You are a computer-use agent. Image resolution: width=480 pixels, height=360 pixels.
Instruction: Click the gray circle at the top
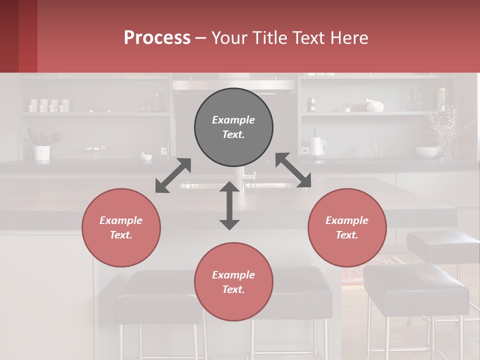pos(233,127)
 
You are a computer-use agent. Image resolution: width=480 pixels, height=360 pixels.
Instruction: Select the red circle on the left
pos(121,227)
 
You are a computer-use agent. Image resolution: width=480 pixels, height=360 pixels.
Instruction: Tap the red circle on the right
pos(347,227)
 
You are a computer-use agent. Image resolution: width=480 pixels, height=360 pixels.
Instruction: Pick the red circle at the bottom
pos(233,281)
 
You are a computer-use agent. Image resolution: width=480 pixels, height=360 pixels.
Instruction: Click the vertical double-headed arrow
pos(229,205)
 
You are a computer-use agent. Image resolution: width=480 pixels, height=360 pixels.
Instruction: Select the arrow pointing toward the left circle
pos(173,175)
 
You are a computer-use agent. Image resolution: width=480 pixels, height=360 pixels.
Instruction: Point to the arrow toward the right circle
pos(293,170)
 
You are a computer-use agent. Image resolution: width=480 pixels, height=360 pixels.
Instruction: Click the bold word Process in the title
pos(157,37)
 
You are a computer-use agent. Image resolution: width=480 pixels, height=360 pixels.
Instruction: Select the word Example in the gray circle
pos(233,120)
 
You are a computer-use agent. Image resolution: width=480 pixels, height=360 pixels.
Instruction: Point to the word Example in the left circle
pos(121,220)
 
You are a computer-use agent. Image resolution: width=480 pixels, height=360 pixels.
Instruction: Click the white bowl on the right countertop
pos(427,152)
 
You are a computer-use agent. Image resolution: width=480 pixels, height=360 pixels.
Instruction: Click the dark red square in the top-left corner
pos(18,36)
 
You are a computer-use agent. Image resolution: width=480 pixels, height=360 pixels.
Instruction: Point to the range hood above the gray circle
pos(233,84)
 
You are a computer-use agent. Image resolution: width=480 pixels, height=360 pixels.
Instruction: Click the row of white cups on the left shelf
pos(49,105)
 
